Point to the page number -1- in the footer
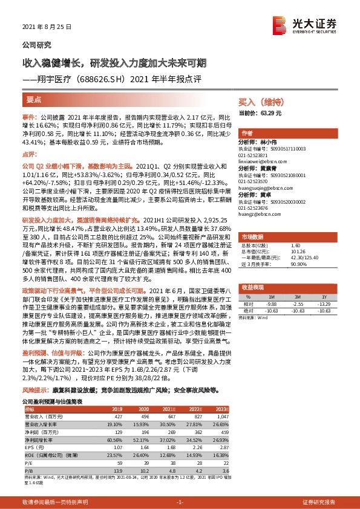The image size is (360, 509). click(x=180, y=502)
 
